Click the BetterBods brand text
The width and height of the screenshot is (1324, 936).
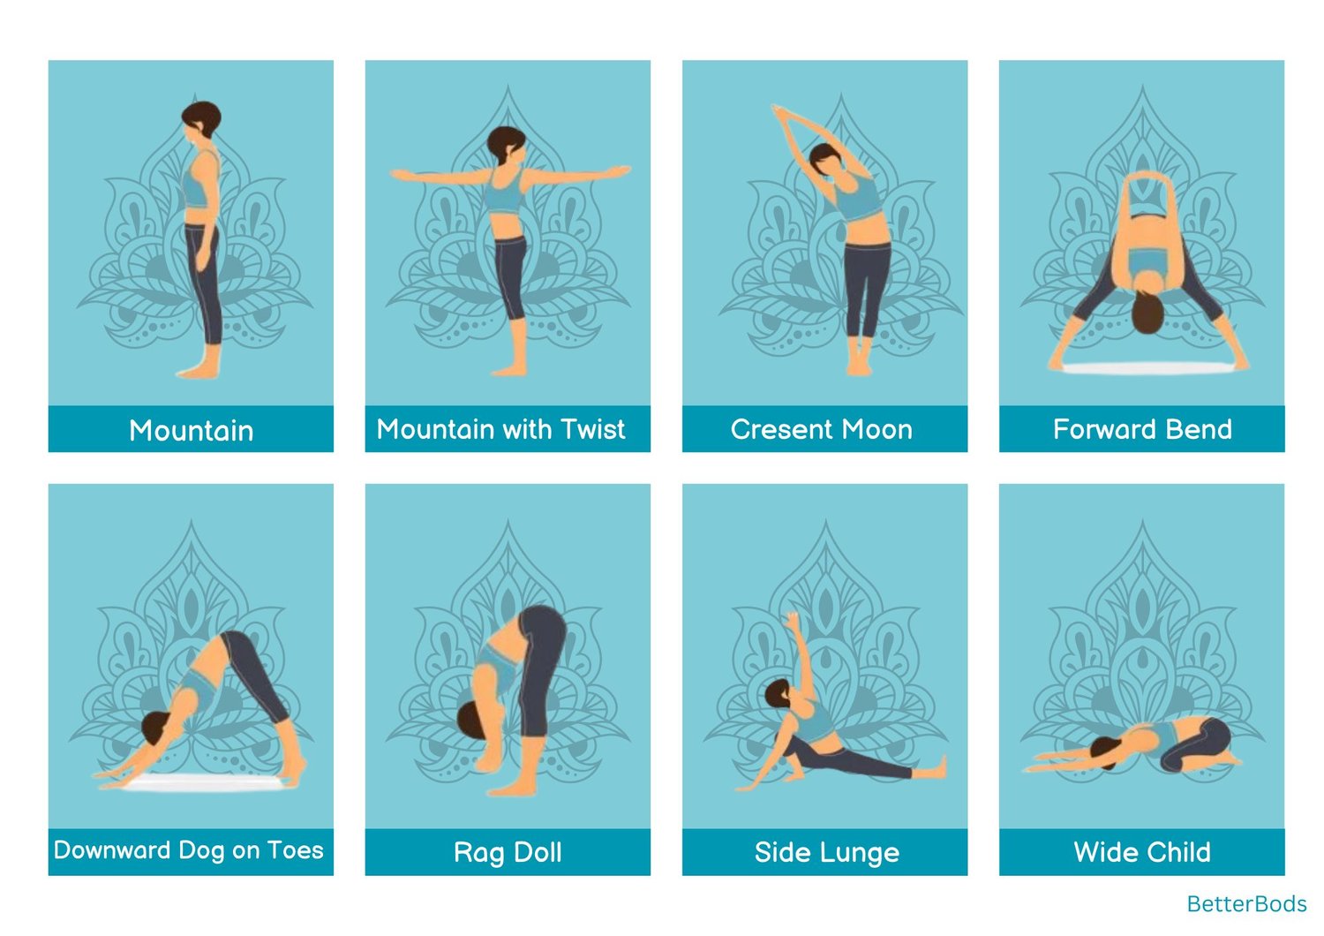[1246, 903]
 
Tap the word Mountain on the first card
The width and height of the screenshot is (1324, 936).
[191, 430]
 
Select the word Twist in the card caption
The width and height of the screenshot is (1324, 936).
[592, 428]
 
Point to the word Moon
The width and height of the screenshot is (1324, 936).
[877, 429]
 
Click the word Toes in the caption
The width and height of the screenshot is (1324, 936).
[295, 849]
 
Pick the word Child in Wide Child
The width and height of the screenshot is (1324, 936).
[1175, 852]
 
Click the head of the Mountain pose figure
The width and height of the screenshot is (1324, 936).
[201, 119]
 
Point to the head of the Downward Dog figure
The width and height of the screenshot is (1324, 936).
[154, 727]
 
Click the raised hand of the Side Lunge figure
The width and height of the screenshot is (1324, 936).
[793, 621]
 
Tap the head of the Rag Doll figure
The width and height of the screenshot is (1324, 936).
[470, 721]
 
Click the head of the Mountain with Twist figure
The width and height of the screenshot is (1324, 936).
[506, 144]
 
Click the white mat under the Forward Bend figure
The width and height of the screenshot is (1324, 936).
[1148, 369]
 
